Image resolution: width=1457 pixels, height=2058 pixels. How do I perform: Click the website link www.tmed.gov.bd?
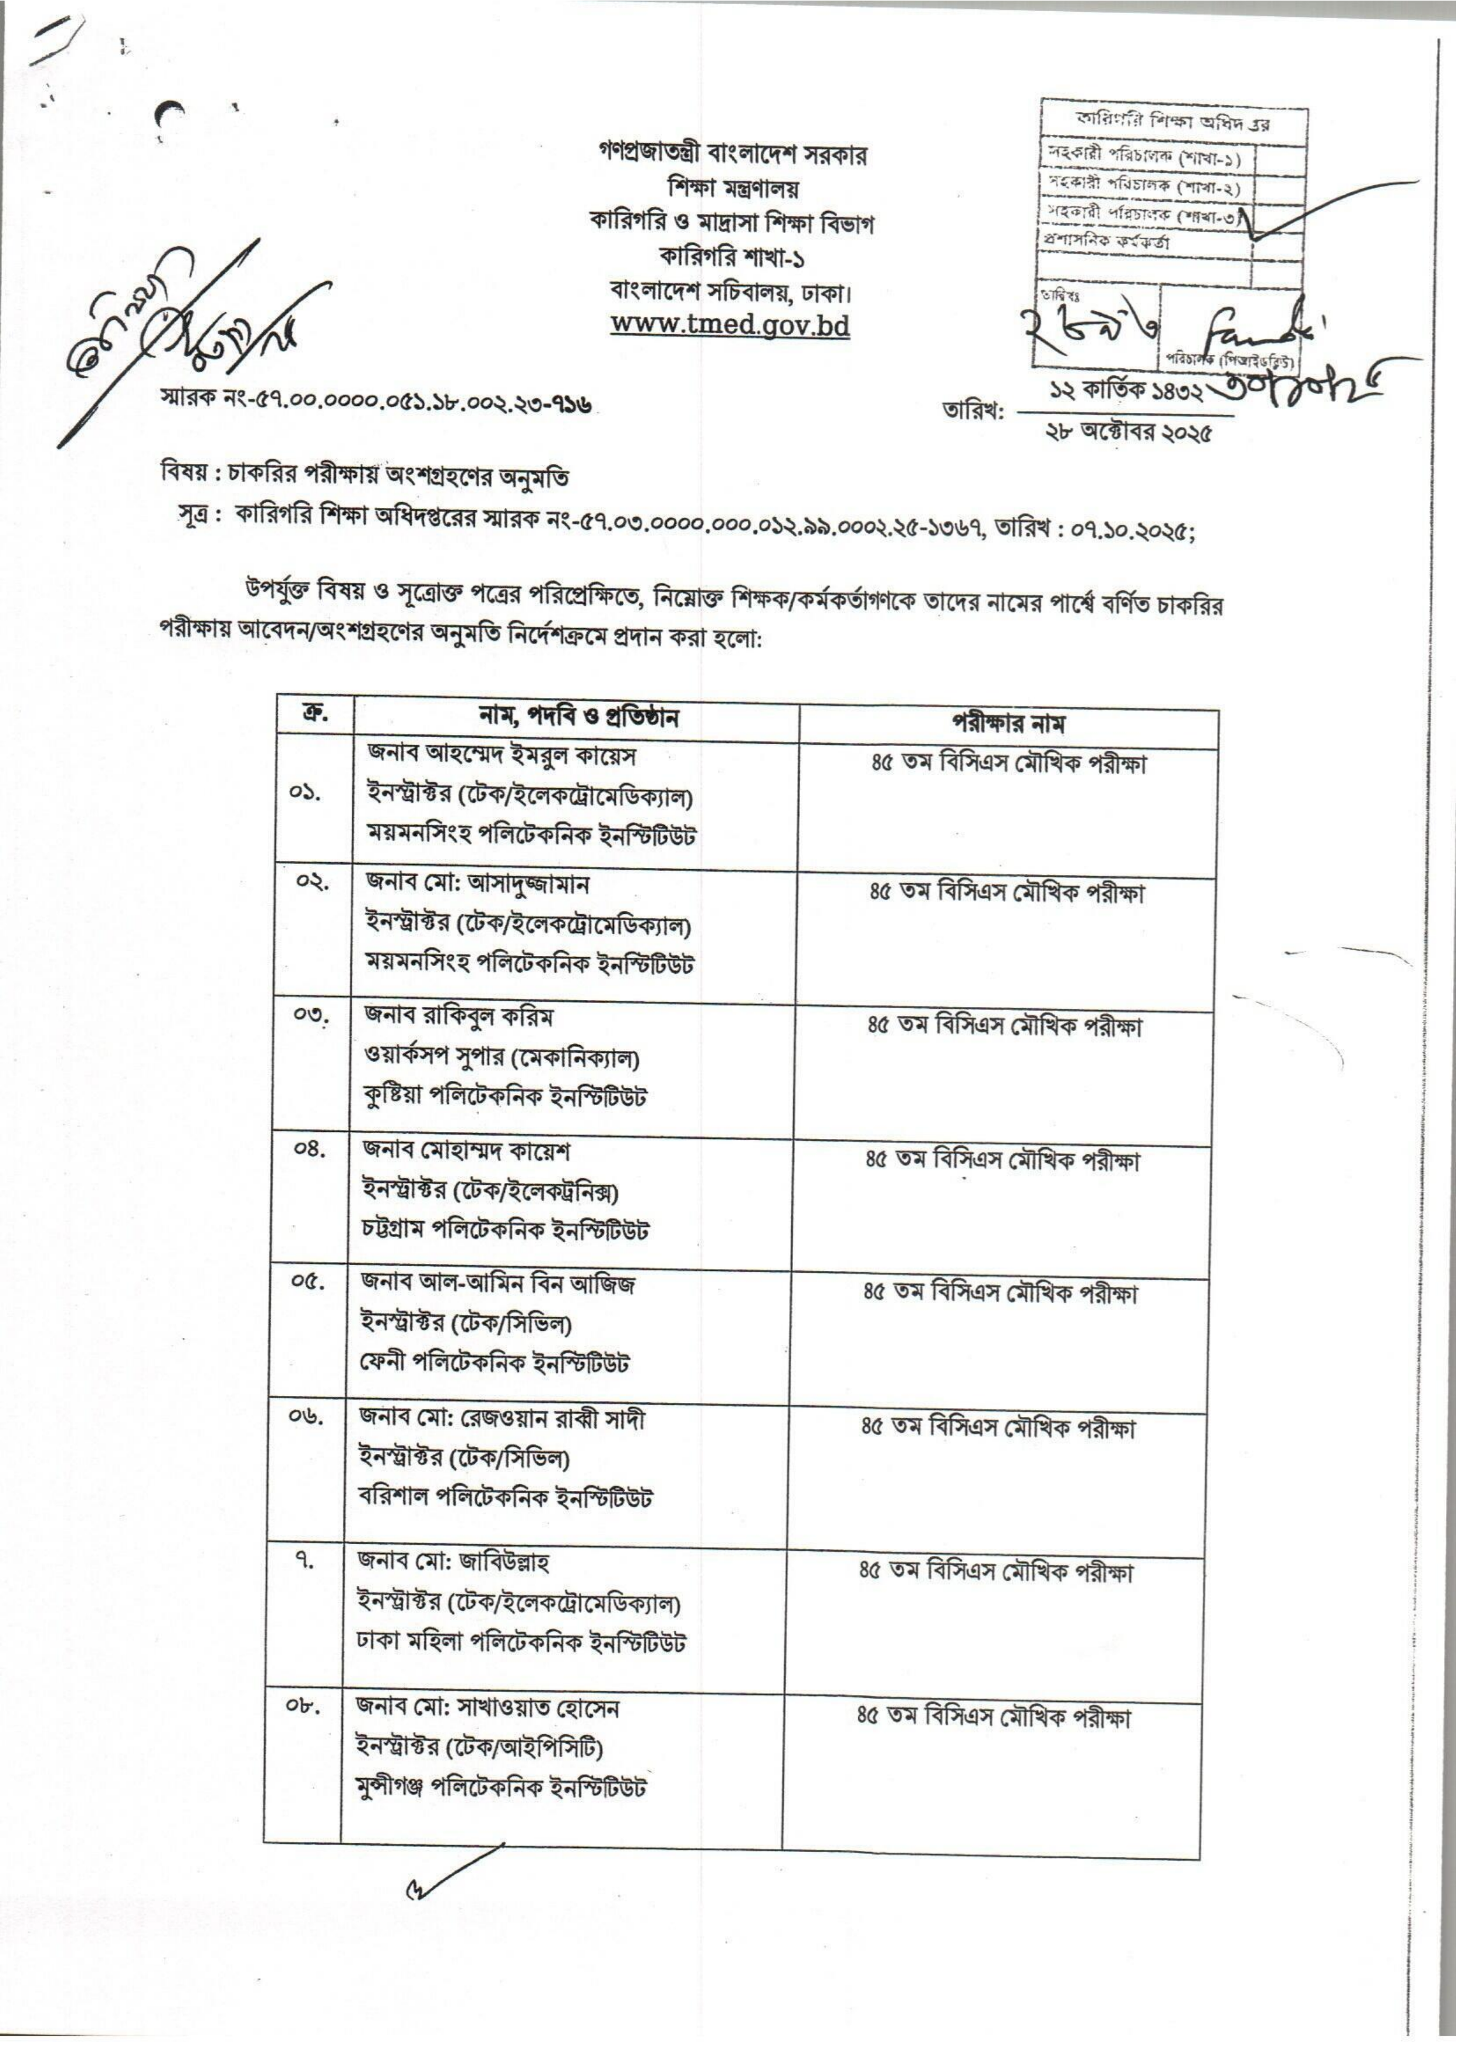click(730, 325)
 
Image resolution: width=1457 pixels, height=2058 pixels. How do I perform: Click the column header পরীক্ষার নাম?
click(1008, 724)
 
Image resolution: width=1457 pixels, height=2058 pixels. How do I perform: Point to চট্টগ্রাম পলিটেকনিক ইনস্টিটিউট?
click(505, 1229)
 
